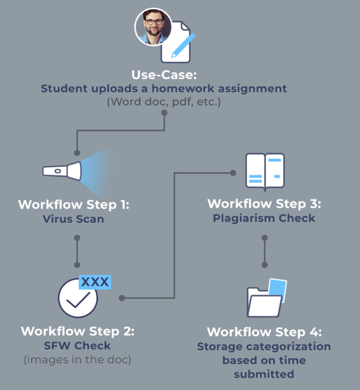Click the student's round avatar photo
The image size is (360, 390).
click(x=153, y=26)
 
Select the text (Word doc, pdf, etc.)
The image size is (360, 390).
click(x=163, y=101)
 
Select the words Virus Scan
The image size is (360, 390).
click(x=73, y=219)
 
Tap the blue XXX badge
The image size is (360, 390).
click(x=95, y=282)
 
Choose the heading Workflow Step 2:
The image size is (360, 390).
click(x=77, y=331)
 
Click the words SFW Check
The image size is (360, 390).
click(x=78, y=346)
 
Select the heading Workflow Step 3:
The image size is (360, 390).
click(x=264, y=204)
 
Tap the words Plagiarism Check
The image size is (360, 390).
click(x=264, y=218)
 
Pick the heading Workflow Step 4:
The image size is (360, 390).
click(x=264, y=332)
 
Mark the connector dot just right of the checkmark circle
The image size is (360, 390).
click(x=121, y=298)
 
